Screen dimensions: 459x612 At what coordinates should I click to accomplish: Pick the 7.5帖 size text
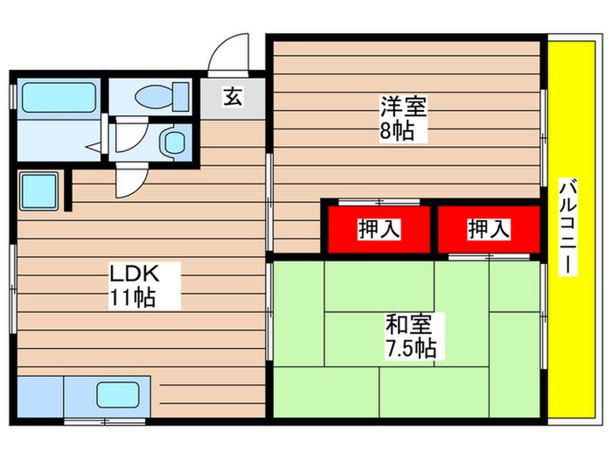408,348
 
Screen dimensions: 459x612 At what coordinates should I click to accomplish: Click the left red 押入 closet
379,229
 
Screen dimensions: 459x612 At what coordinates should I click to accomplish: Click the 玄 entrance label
233,98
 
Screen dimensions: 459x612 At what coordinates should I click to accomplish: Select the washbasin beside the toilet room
175,141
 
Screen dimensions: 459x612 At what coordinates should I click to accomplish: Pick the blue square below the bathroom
38,189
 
